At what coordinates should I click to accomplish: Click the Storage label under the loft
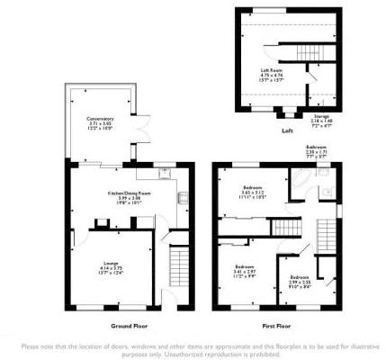click(x=320, y=115)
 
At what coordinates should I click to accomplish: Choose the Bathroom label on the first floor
click(x=315, y=146)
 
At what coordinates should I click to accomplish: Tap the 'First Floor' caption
click(x=274, y=324)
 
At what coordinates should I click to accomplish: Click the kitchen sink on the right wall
click(x=181, y=200)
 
